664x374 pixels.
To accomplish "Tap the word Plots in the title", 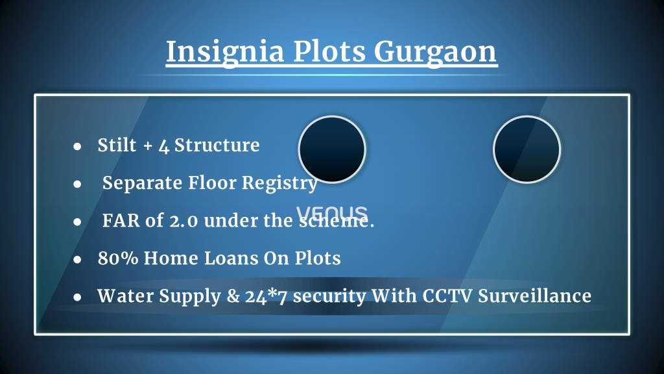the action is tap(329, 52).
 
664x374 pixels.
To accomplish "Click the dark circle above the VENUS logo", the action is tap(332, 149).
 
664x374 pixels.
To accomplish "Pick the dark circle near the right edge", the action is tap(527, 149).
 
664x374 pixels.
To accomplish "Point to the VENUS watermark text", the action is tap(332, 213).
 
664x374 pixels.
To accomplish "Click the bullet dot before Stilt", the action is tap(77, 147).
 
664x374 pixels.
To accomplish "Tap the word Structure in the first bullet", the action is tap(217, 145).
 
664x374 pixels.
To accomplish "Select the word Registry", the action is tap(279, 184).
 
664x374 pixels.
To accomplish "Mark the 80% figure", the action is tap(118, 258).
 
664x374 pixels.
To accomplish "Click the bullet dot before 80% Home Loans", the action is tap(77, 260).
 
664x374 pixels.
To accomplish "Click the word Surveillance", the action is tap(535, 295).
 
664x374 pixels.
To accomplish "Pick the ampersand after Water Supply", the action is tap(233, 296).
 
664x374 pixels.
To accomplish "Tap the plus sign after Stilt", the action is tap(148, 146).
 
